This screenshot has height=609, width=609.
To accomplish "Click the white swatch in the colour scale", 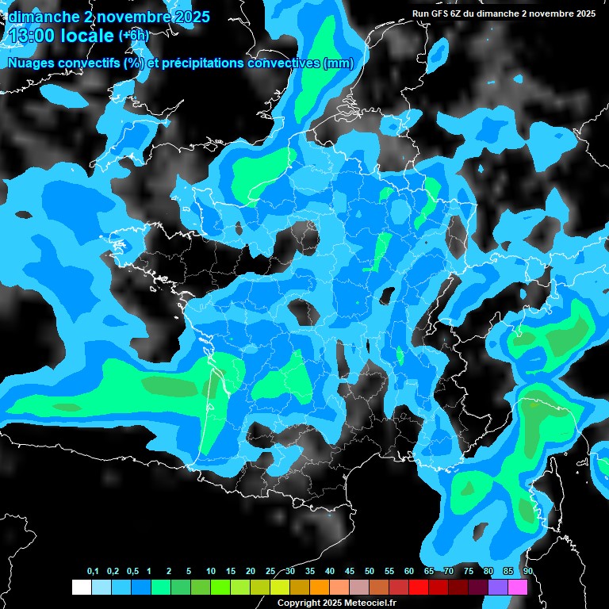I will tap(81, 587).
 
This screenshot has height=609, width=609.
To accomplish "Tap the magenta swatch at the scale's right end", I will tap(518, 587).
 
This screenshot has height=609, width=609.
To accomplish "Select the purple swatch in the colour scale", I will tap(498, 587).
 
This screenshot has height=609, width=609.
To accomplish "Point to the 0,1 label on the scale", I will tap(93, 572).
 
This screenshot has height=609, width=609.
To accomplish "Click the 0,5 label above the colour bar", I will tap(132, 572).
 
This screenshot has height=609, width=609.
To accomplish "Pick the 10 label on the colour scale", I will tap(210, 572).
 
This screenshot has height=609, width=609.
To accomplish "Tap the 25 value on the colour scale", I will tap(270, 572).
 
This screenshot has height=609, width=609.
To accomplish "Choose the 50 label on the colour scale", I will tap(370, 572).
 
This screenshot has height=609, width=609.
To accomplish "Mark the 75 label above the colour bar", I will tap(469, 572).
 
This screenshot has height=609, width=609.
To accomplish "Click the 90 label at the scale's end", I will tap(527, 572).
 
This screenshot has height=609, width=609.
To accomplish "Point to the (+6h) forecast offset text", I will tap(133, 36).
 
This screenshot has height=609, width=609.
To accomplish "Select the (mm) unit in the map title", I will tap(339, 63).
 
